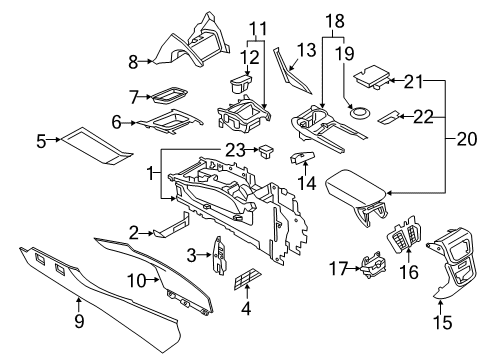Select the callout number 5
[41, 142]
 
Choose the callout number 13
[305, 50]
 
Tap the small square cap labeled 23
[266, 152]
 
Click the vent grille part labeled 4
[244, 288]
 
